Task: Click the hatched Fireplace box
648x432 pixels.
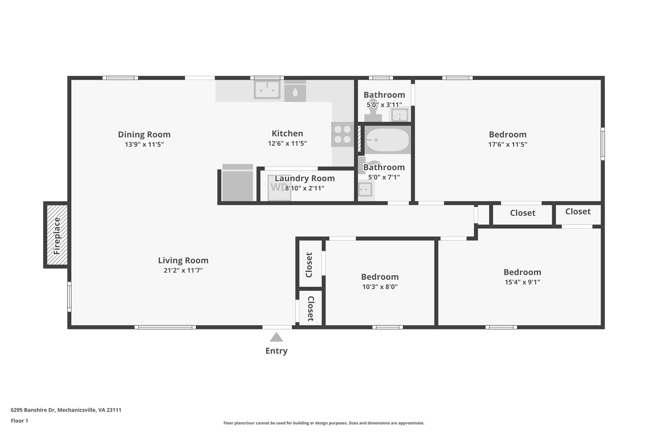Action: [57, 235]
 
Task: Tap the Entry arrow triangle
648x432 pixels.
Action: [276, 337]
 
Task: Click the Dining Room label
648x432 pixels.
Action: [144, 135]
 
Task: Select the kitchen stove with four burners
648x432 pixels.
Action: [342, 135]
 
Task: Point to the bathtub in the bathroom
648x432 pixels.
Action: [387, 140]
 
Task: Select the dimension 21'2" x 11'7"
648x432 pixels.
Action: [183, 270]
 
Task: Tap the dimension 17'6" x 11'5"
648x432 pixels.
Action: [508, 145]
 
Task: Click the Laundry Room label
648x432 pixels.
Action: [304, 178]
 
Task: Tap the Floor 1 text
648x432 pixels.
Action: [19, 421]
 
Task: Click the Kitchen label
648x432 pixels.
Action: [287, 133]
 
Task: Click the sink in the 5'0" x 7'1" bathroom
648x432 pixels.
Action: [365, 189]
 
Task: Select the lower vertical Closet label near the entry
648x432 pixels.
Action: [310, 309]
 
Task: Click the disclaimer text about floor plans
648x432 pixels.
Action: [324, 423]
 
